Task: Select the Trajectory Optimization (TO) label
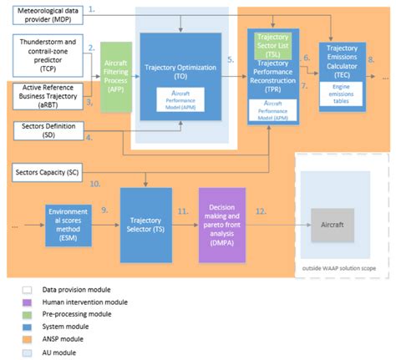tap(180, 68)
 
